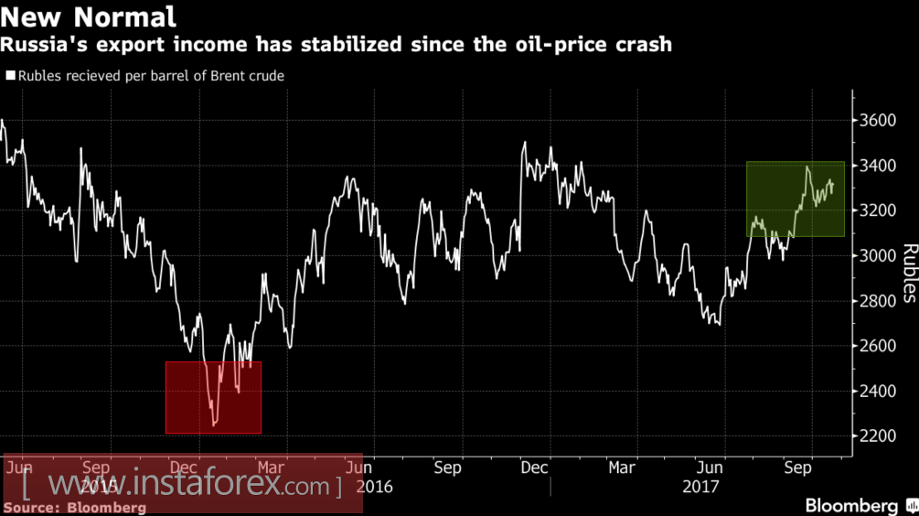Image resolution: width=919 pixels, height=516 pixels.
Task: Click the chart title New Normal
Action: click(89, 16)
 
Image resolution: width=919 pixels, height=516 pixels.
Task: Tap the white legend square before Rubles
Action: click(11, 77)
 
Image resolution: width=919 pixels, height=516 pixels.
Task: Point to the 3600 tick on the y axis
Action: click(878, 121)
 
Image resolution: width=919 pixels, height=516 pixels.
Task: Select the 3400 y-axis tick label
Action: click(878, 166)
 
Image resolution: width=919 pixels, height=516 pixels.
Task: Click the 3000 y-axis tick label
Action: click(878, 256)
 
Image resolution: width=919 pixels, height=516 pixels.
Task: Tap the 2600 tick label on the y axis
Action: click(878, 346)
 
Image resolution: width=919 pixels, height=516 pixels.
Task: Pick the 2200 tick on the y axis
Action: click(878, 436)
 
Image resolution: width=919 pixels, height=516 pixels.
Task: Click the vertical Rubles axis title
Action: click(908, 272)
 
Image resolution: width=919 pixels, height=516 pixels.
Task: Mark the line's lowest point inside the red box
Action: click(215, 425)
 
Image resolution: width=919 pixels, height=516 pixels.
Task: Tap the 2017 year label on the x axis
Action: click(700, 487)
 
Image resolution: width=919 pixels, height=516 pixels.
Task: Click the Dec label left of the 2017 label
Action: click(535, 468)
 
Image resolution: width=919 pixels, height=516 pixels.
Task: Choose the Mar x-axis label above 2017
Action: click(622, 468)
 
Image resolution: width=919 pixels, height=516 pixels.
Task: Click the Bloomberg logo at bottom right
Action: click(851, 505)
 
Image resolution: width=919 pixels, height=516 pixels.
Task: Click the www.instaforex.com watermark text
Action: click(183, 483)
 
